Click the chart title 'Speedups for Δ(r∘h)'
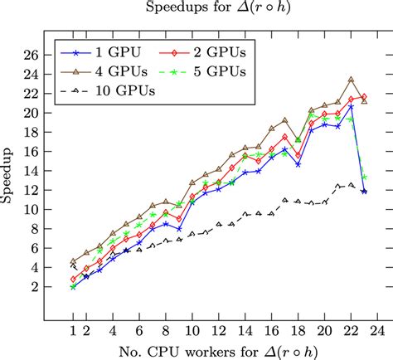[196, 9]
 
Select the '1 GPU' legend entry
[108, 52]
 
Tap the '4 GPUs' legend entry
[112, 71]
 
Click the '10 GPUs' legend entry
[115, 91]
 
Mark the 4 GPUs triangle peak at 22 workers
[351, 80]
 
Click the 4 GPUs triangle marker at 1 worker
[73, 261]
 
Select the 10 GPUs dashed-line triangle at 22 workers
[351, 184]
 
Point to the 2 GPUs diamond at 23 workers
[364, 97]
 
